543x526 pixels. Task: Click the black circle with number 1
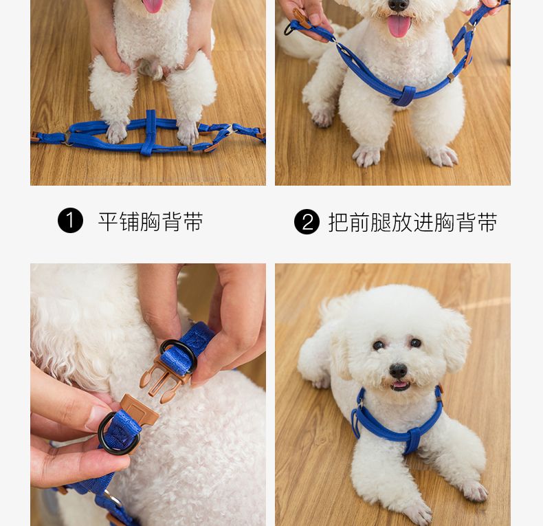tap(70, 221)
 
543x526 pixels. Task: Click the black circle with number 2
tap(307, 222)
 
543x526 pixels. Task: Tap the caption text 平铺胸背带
tap(151, 222)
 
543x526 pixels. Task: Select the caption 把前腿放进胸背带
tap(413, 223)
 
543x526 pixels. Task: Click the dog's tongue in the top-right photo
tap(399, 26)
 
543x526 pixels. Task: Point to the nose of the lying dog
tap(398, 371)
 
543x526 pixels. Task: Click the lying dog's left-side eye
tap(378, 345)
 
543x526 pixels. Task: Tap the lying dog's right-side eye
tap(415, 343)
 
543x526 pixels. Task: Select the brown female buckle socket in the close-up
tap(139, 410)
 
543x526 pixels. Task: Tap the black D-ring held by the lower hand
tap(117, 434)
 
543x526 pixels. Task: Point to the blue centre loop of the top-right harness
tap(403, 96)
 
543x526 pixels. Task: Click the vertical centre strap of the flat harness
tap(149, 133)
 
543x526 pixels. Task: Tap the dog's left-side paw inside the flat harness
tap(117, 133)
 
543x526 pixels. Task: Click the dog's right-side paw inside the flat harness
tap(188, 133)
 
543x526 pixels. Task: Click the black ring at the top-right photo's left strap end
tap(288, 30)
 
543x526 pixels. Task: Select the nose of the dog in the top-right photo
tap(397, 5)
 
